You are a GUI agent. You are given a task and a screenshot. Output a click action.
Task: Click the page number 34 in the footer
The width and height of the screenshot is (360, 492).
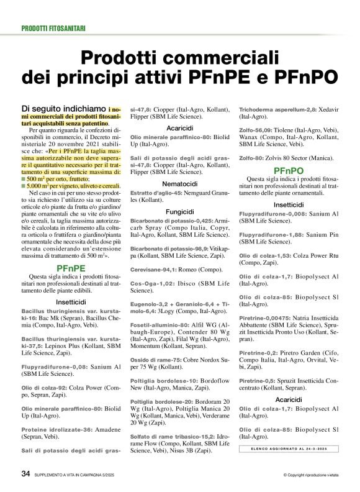(25, 473)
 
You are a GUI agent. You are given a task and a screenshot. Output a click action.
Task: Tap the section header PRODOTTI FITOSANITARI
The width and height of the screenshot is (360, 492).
(53, 29)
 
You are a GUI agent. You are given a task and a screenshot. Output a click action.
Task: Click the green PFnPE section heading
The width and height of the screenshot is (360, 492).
(71, 268)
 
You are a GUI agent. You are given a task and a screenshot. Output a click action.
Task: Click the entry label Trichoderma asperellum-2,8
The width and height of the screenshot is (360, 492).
(269, 109)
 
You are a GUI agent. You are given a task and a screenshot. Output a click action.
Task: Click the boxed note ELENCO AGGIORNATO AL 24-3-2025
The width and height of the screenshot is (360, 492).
(289, 449)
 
